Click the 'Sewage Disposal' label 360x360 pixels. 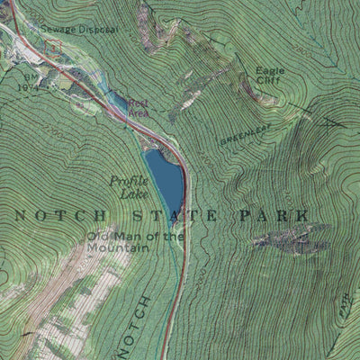click(79, 29)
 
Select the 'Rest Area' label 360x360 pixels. click(138, 108)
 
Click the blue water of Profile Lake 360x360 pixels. click(166, 176)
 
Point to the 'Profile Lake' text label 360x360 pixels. click(128, 186)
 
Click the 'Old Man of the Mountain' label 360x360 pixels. click(135, 244)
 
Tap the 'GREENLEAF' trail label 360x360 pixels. click(244, 138)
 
